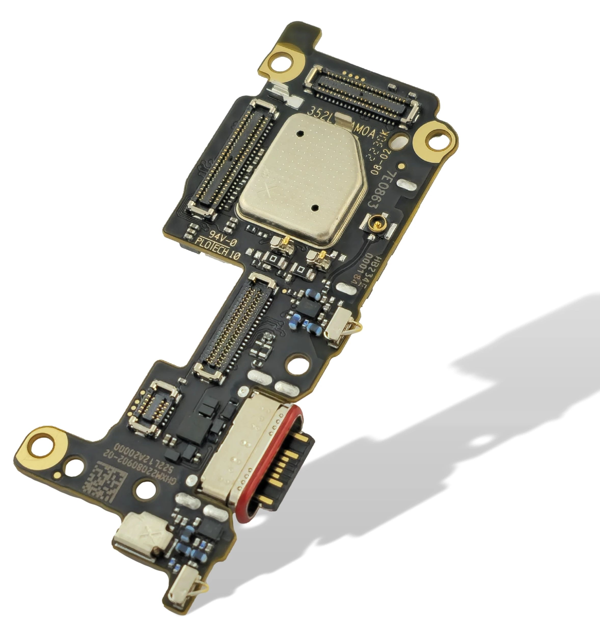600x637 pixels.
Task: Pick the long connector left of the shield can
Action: pos(231,157)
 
